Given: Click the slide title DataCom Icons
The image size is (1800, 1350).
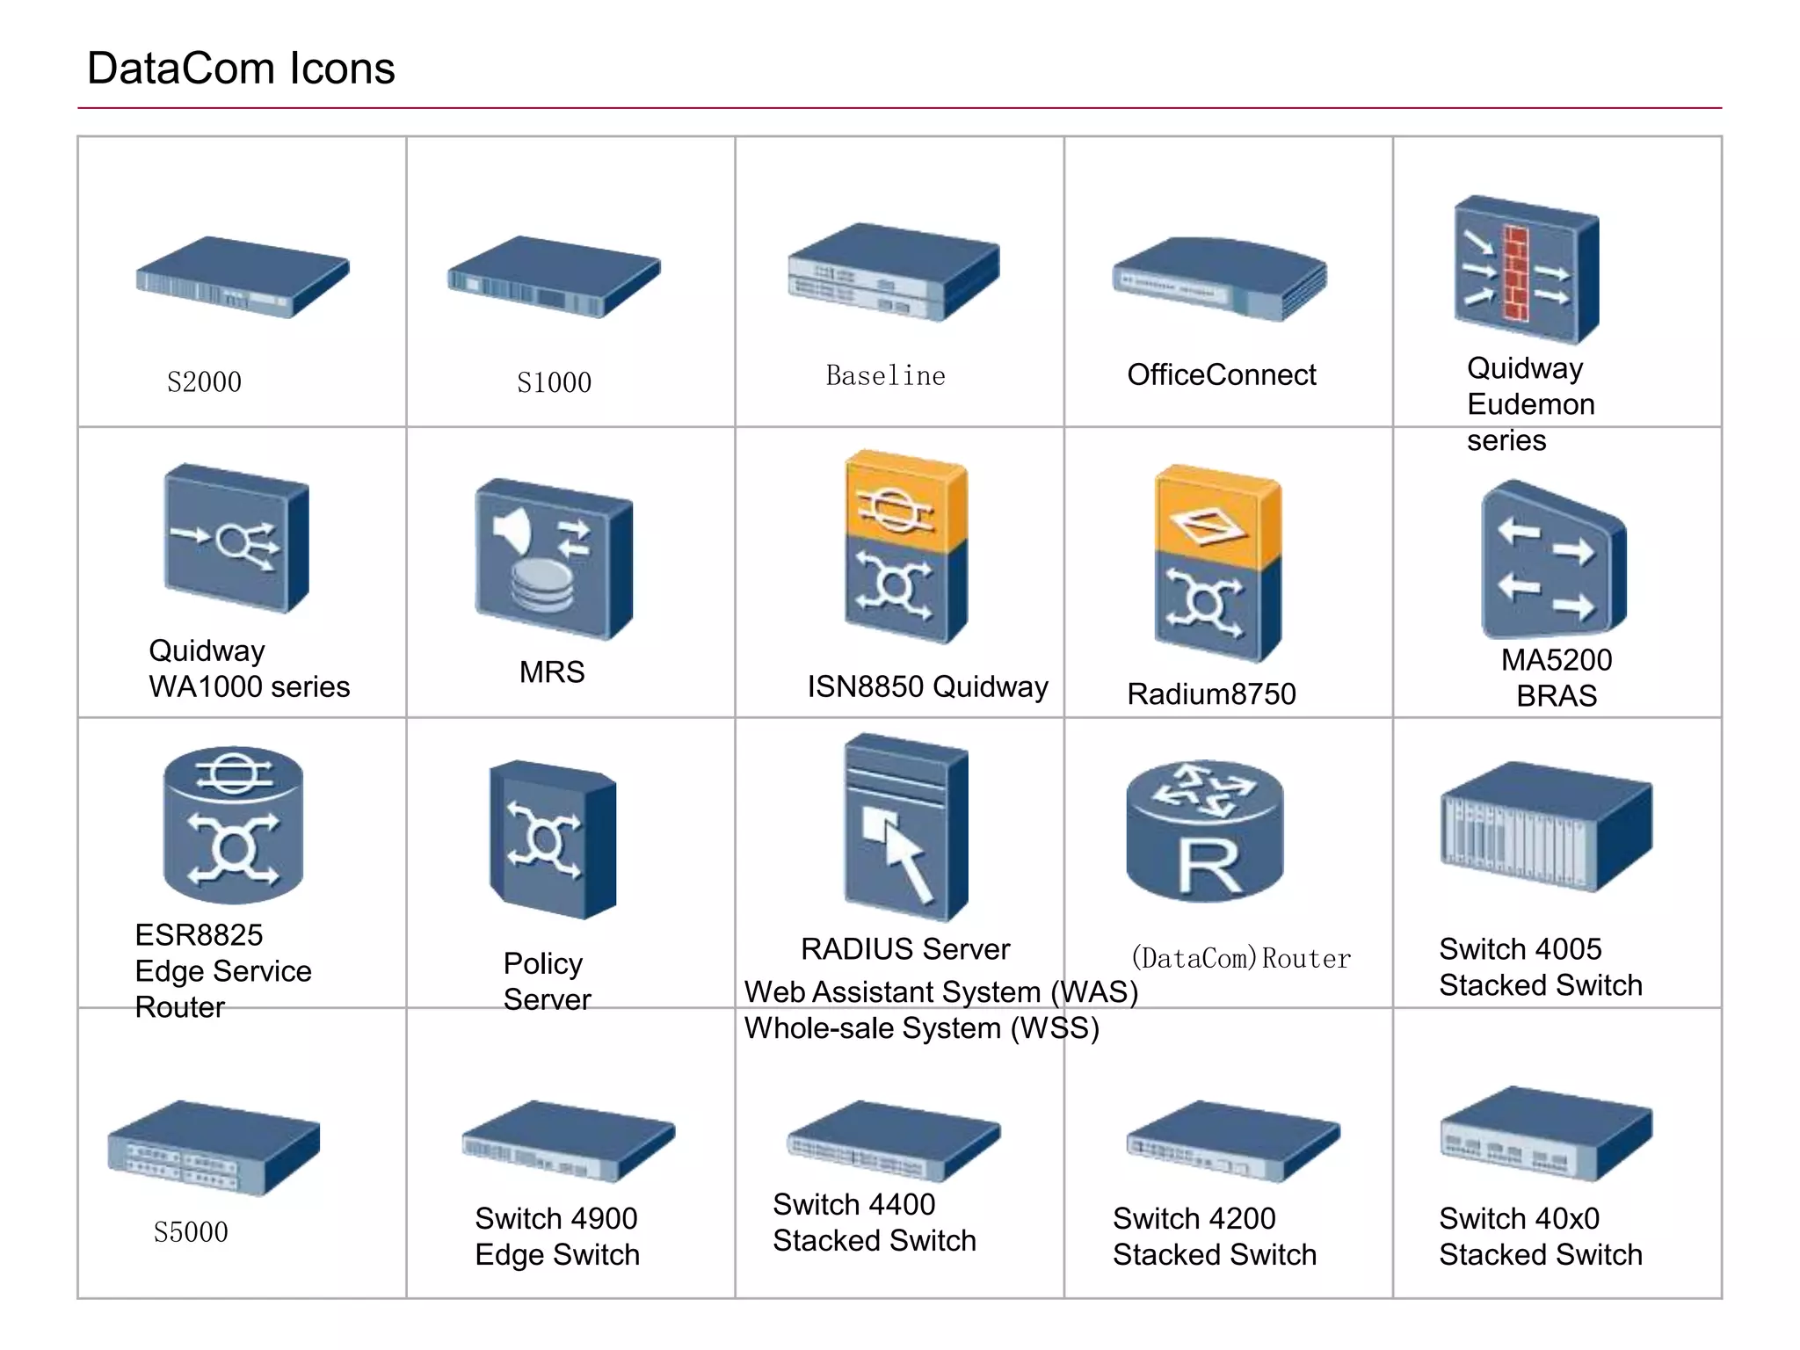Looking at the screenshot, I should [241, 69].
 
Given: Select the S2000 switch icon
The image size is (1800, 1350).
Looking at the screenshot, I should [242, 276].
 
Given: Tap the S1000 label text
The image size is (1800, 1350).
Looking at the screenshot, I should [554, 382].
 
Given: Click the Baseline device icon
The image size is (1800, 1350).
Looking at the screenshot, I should [893, 272].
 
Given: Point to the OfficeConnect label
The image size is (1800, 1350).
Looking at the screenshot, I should [1221, 375].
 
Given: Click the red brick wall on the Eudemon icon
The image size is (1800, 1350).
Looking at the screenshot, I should [1515, 272].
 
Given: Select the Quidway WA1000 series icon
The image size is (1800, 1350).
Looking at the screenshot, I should [236, 538].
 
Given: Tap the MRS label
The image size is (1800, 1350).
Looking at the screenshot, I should [552, 672].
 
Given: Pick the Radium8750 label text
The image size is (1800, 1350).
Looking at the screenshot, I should [1211, 694].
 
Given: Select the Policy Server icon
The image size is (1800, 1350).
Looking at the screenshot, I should [552, 839].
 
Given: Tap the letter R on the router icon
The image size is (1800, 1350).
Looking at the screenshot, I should [1208, 867].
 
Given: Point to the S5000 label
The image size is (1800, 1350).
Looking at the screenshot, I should [191, 1232].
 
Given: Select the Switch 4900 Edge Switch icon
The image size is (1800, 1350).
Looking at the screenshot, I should [567, 1140].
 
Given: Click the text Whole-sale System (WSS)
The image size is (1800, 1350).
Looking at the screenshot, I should [921, 1028].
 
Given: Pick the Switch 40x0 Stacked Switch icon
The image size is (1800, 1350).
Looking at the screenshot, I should [1545, 1133].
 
